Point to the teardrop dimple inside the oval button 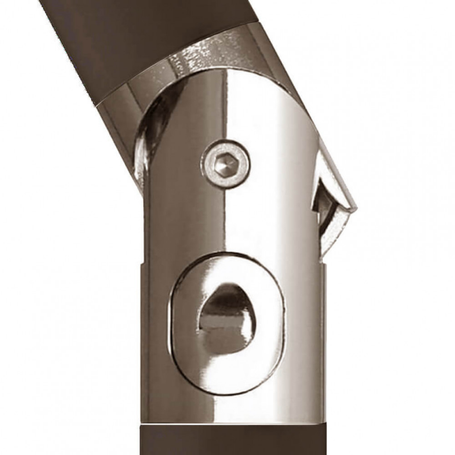(226, 316)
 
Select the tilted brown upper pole (131, 40)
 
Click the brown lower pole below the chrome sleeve (227, 441)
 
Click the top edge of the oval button (227, 255)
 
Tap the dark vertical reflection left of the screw (182, 171)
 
